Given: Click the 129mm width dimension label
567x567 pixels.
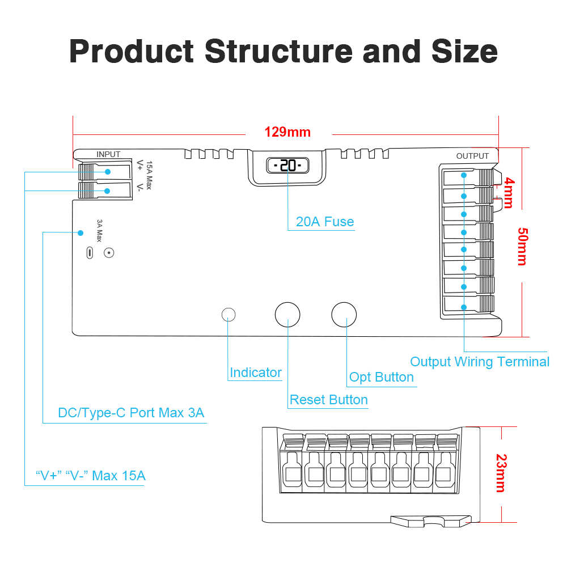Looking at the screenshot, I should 287,132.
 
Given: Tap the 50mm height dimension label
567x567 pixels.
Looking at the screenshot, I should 522,247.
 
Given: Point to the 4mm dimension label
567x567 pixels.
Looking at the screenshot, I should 509,193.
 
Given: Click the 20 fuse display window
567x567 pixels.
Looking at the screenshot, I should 288,166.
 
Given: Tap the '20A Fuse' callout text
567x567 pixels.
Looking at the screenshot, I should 325,222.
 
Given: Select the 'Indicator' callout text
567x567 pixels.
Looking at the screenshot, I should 256,373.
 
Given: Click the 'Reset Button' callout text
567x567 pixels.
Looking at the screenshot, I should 329,400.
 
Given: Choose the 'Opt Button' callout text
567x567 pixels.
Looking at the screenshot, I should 382,377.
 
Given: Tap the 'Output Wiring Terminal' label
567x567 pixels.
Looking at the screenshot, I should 480,362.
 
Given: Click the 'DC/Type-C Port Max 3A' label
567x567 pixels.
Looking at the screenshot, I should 131,413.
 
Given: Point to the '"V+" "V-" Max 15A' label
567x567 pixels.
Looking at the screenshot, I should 90,475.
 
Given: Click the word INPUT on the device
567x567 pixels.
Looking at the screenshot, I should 108,154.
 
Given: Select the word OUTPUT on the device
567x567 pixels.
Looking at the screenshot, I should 472,156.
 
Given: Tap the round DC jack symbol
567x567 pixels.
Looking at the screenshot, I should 109,253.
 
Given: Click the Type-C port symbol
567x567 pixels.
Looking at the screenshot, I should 89,253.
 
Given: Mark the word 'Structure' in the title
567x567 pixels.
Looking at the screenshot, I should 278,51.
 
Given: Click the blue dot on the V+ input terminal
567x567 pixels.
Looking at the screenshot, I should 107,172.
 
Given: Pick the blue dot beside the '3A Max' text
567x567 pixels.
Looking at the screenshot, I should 81,232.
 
